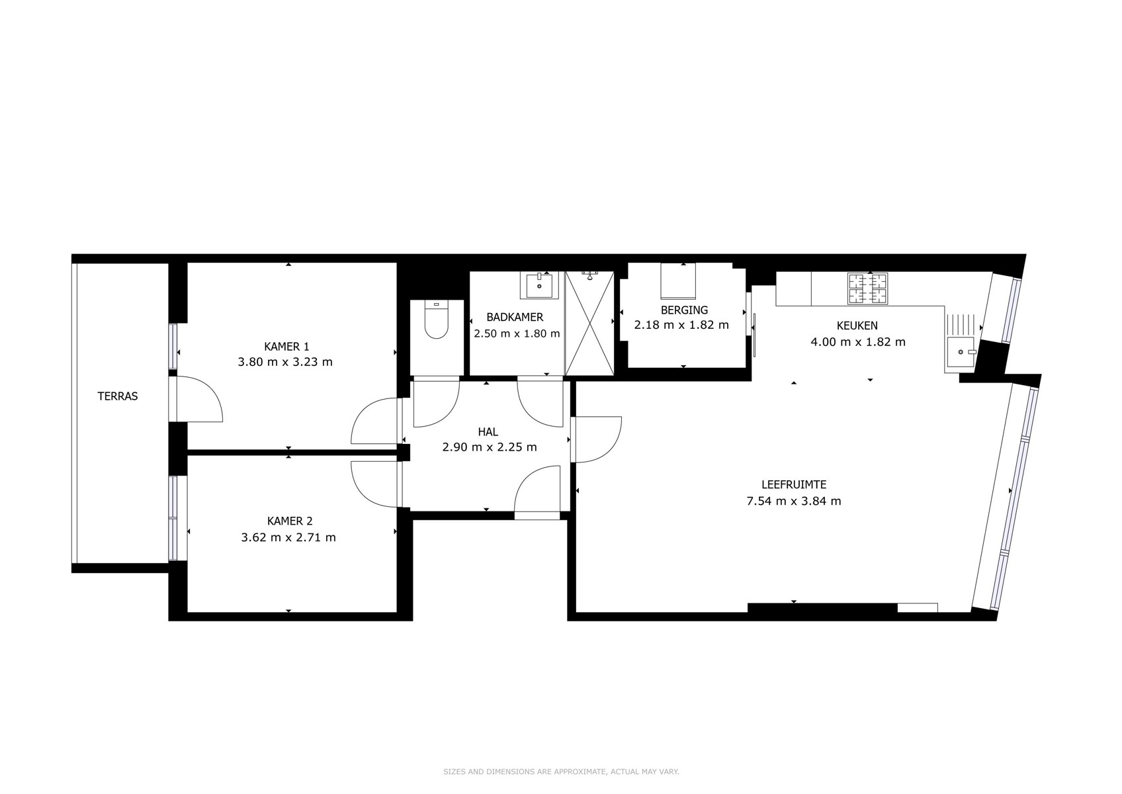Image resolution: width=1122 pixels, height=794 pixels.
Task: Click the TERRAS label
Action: (x=117, y=396)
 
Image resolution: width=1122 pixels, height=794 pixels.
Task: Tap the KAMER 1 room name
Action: (x=286, y=346)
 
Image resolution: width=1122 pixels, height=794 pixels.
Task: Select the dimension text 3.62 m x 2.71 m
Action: (x=288, y=537)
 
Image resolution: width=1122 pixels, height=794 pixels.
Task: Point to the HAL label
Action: (x=488, y=432)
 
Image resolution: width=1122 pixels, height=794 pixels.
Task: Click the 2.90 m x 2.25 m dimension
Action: (x=490, y=447)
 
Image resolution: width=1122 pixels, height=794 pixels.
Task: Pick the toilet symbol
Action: (x=436, y=320)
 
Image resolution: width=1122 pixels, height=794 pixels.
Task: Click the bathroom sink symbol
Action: (x=539, y=286)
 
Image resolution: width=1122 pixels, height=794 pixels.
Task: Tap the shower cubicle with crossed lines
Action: (x=589, y=323)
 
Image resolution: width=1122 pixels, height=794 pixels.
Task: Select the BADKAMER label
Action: (x=515, y=317)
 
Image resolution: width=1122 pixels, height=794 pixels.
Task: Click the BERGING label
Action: (x=684, y=310)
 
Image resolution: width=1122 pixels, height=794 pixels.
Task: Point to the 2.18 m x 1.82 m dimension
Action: (x=681, y=325)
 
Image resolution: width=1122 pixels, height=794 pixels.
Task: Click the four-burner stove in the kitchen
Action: (x=867, y=288)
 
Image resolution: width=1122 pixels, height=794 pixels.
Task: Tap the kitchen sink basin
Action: (x=960, y=351)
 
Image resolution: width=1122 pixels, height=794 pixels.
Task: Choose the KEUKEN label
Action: (x=857, y=326)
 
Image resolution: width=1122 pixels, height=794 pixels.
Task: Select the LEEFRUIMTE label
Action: (x=794, y=484)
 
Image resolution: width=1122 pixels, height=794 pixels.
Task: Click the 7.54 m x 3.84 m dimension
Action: (x=794, y=501)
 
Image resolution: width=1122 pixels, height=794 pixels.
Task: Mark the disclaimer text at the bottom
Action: (x=561, y=772)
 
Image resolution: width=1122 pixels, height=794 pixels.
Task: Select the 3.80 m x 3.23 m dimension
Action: (x=285, y=362)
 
